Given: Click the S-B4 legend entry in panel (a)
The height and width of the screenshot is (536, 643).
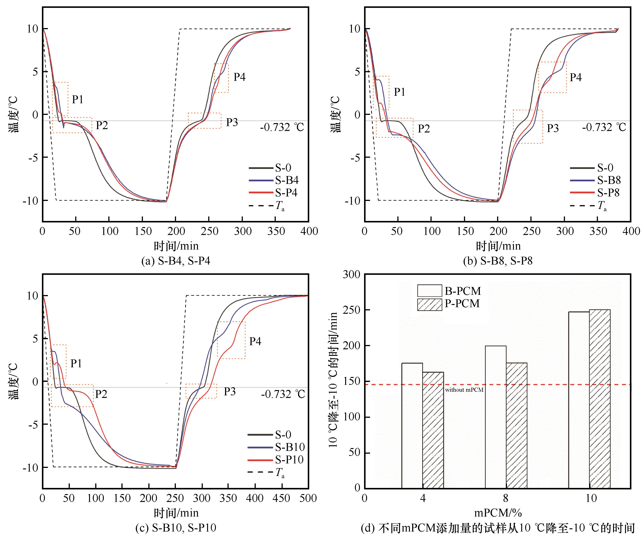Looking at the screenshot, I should [x=286, y=180].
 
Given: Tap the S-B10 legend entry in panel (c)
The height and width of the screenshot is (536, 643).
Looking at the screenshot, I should [x=289, y=447].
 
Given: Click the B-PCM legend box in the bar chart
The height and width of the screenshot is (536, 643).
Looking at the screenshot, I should [x=430, y=291].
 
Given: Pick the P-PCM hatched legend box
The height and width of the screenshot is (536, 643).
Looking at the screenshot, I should [x=430, y=304].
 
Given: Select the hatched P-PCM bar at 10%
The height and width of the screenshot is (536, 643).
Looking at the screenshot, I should [x=600, y=398].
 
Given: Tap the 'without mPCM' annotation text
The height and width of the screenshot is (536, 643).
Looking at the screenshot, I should [x=464, y=390].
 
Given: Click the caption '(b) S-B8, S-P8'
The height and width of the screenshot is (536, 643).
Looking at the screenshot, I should [x=498, y=261].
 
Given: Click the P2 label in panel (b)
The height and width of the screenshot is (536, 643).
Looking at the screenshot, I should [x=424, y=129].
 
